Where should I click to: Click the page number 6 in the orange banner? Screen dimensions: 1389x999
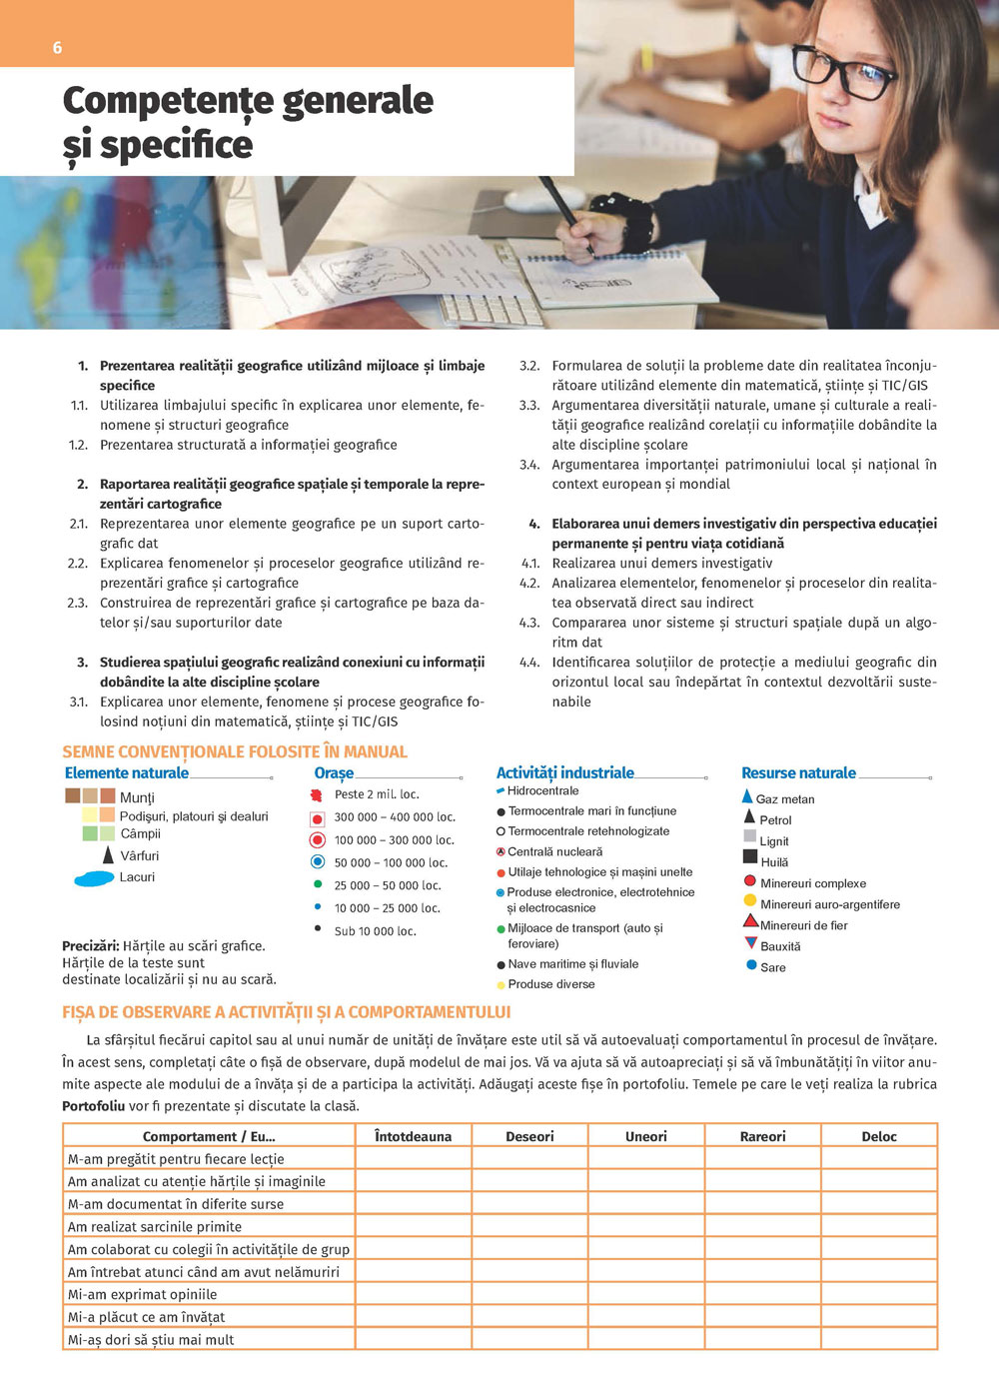pos(57,48)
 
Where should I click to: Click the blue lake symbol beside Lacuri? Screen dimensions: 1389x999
pos(95,879)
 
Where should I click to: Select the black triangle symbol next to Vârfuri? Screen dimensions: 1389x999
pos(108,855)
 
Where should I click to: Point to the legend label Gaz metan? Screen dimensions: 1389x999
pos(785,799)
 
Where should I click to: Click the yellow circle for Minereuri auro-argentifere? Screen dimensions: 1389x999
pos(750,901)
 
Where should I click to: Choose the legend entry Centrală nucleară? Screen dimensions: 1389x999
pos(554,852)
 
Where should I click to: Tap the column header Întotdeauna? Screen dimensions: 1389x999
pos(413,1136)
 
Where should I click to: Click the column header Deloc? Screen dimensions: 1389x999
pos(879,1136)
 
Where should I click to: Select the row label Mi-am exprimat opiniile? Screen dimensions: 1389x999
pos(142,1294)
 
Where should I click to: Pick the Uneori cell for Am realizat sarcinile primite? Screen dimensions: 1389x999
pos(646,1226)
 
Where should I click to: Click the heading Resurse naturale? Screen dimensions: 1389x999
pos(798,773)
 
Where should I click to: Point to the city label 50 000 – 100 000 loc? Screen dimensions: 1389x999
pos(391,862)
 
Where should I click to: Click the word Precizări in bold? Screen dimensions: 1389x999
pos(91,945)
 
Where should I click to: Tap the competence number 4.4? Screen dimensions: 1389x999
pos(529,663)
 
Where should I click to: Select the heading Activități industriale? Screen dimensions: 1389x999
pos(564,773)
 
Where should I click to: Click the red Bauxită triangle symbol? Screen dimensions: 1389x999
pos(751,943)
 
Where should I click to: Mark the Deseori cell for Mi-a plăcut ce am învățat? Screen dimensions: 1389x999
pos(529,1317)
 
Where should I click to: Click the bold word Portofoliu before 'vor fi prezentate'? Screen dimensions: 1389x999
pos(94,1106)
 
